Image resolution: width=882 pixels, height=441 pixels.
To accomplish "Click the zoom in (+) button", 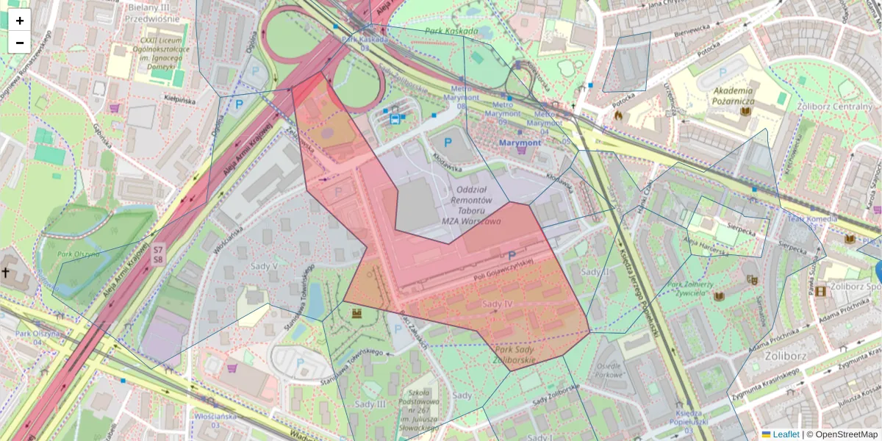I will (x=20, y=21).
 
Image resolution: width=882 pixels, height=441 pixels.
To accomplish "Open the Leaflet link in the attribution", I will (x=785, y=434).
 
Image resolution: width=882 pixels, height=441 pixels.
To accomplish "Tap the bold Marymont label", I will (x=520, y=142).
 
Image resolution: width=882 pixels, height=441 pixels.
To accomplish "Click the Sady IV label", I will (x=498, y=304).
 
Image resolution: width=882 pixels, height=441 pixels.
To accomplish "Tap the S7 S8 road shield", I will (x=158, y=255).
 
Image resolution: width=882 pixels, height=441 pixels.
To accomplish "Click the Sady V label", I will (x=265, y=266).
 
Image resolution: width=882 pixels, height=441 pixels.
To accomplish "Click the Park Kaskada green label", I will (x=451, y=32).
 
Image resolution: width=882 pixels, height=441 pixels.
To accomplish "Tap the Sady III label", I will (x=370, y=404).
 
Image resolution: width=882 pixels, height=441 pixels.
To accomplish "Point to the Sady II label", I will (x=595, y=271).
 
